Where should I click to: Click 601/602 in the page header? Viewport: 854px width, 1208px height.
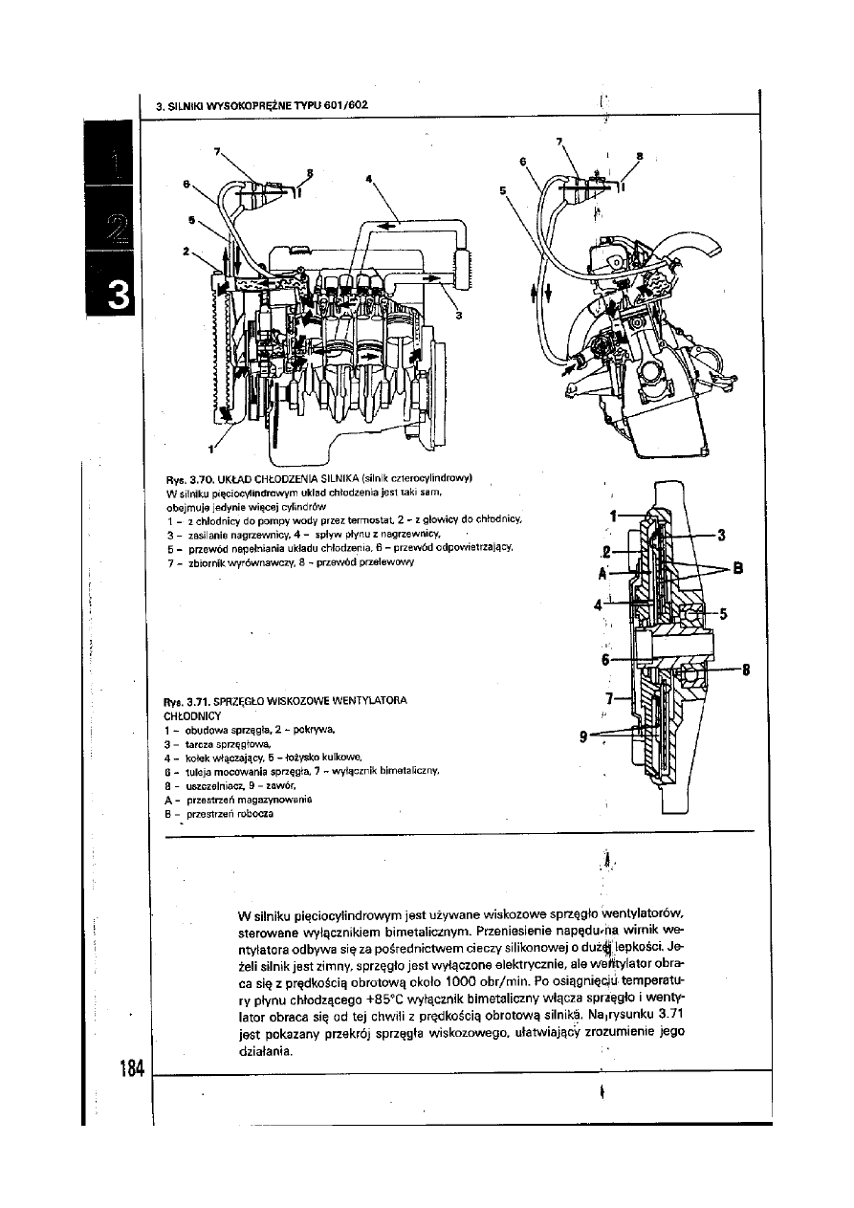(x=346, y=104)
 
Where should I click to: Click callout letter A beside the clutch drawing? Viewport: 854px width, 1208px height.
(x=603, y=575)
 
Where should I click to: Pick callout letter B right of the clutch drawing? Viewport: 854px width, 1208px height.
(x=737, y=572)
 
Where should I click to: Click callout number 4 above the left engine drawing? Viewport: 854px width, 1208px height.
(x=368, y=178)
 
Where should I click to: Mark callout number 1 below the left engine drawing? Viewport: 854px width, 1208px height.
(x=210, y=449)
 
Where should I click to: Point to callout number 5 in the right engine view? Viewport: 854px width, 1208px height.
(x=503, y=190)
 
